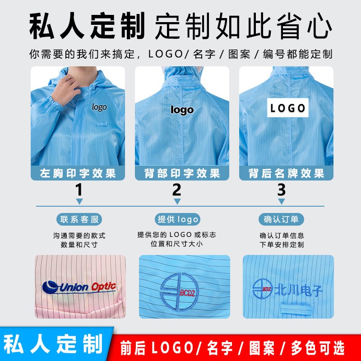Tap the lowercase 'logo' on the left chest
coord(99,107)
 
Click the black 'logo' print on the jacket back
coord(182,110)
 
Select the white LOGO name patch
coord(288,108)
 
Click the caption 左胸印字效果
coord(78,173)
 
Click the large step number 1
coord(79,190)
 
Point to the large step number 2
coord(177,190)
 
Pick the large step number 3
coord(281,190)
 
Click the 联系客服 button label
coord(79,219)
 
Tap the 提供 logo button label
coord(177,219)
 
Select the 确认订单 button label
coord(281,219)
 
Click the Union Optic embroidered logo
coord(79,287)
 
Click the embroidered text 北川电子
coord(299,289)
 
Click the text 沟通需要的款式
coord(79,236)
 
